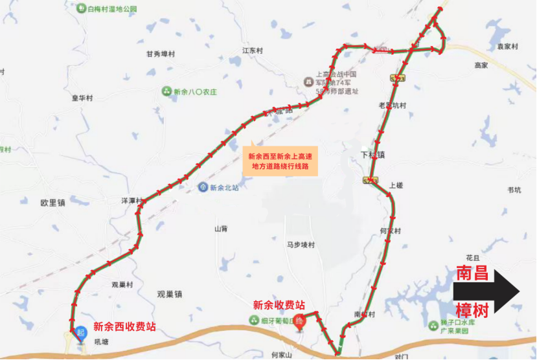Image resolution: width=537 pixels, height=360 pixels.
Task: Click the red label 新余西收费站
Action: (124, 327)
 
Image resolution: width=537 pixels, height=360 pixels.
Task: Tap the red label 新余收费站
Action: (279, 305)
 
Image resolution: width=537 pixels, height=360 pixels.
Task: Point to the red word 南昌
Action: (472, 273)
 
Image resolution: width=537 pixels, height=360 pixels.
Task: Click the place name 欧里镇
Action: (52, 203)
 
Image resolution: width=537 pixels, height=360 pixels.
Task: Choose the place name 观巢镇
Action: (169, 294)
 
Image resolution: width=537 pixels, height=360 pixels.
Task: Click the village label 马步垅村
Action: (301, 245)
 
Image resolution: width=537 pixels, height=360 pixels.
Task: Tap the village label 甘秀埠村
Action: (161, 54)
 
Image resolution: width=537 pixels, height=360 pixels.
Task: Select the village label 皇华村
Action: (82, 98)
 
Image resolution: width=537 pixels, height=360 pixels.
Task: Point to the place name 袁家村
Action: (508, 47)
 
